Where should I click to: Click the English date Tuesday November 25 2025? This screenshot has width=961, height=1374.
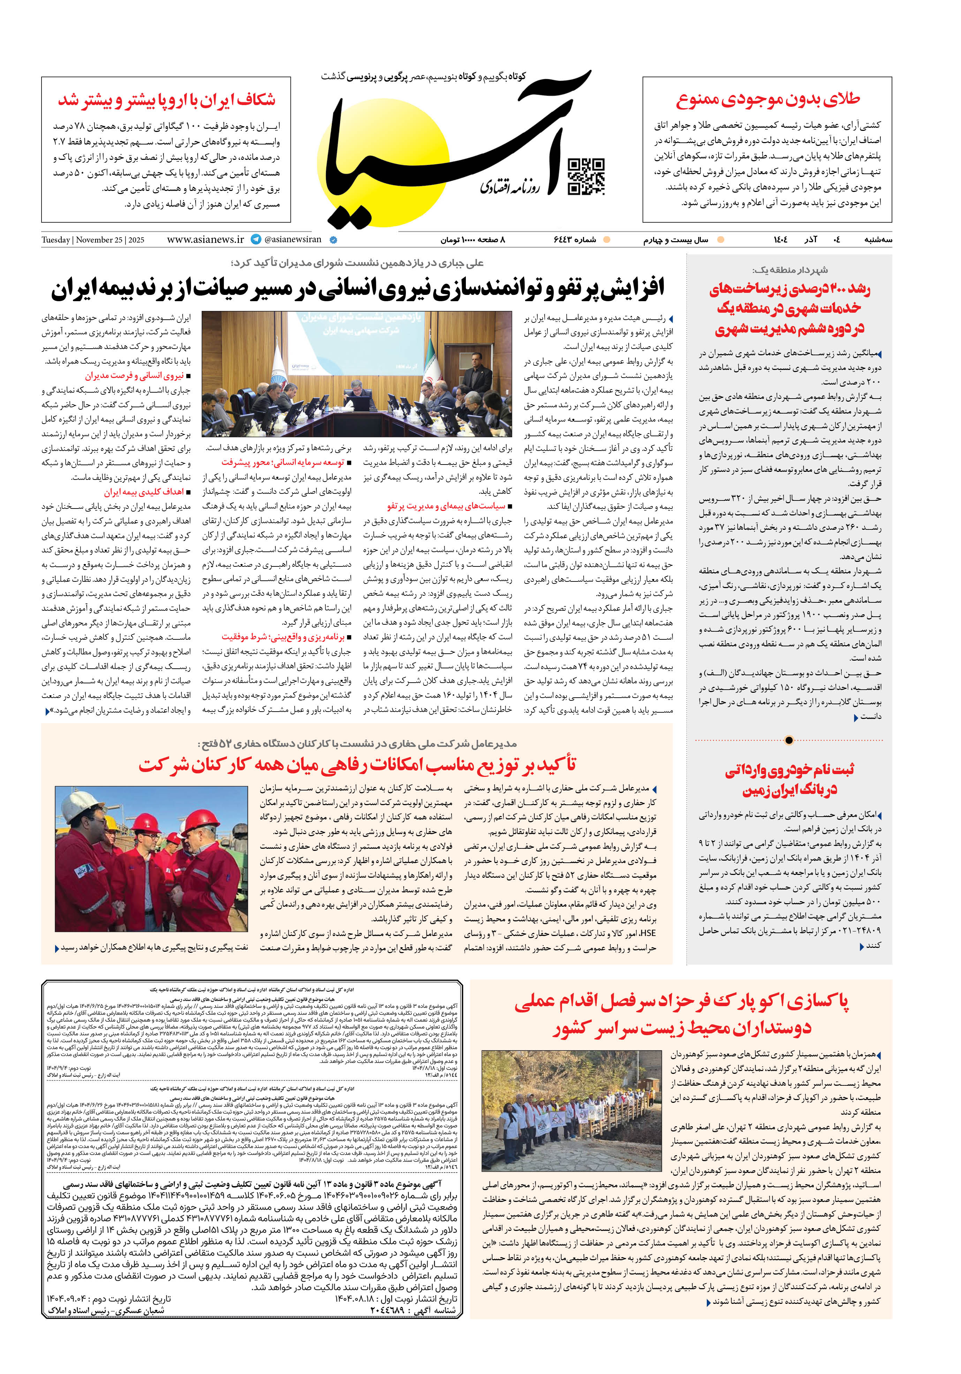(93, 240)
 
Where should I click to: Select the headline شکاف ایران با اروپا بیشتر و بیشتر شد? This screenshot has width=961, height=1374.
(167, 100)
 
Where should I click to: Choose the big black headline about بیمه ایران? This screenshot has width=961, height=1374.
(358, 289)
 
